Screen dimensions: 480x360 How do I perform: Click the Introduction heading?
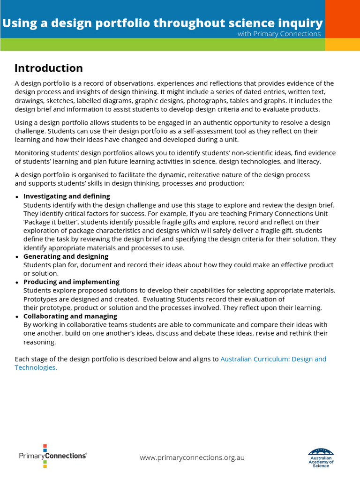point(48,68)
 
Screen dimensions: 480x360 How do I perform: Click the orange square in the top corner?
point(342,19)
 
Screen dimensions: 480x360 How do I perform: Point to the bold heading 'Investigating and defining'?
point(67,196)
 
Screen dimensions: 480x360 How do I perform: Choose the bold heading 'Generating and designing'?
point(66,256)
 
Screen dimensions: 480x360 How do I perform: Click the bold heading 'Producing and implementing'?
point(71,282)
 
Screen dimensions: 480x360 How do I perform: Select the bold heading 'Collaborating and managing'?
point(70,316)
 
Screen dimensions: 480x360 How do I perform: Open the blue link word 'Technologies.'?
point(36,367)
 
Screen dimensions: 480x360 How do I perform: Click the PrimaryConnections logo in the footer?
point(52,456)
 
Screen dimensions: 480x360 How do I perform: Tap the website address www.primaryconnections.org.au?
point(192,457)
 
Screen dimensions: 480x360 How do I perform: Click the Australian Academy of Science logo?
point(321,457)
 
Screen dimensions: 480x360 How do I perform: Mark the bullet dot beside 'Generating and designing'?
point(17,257)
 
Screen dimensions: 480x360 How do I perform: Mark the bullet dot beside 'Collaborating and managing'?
point(17,317)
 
